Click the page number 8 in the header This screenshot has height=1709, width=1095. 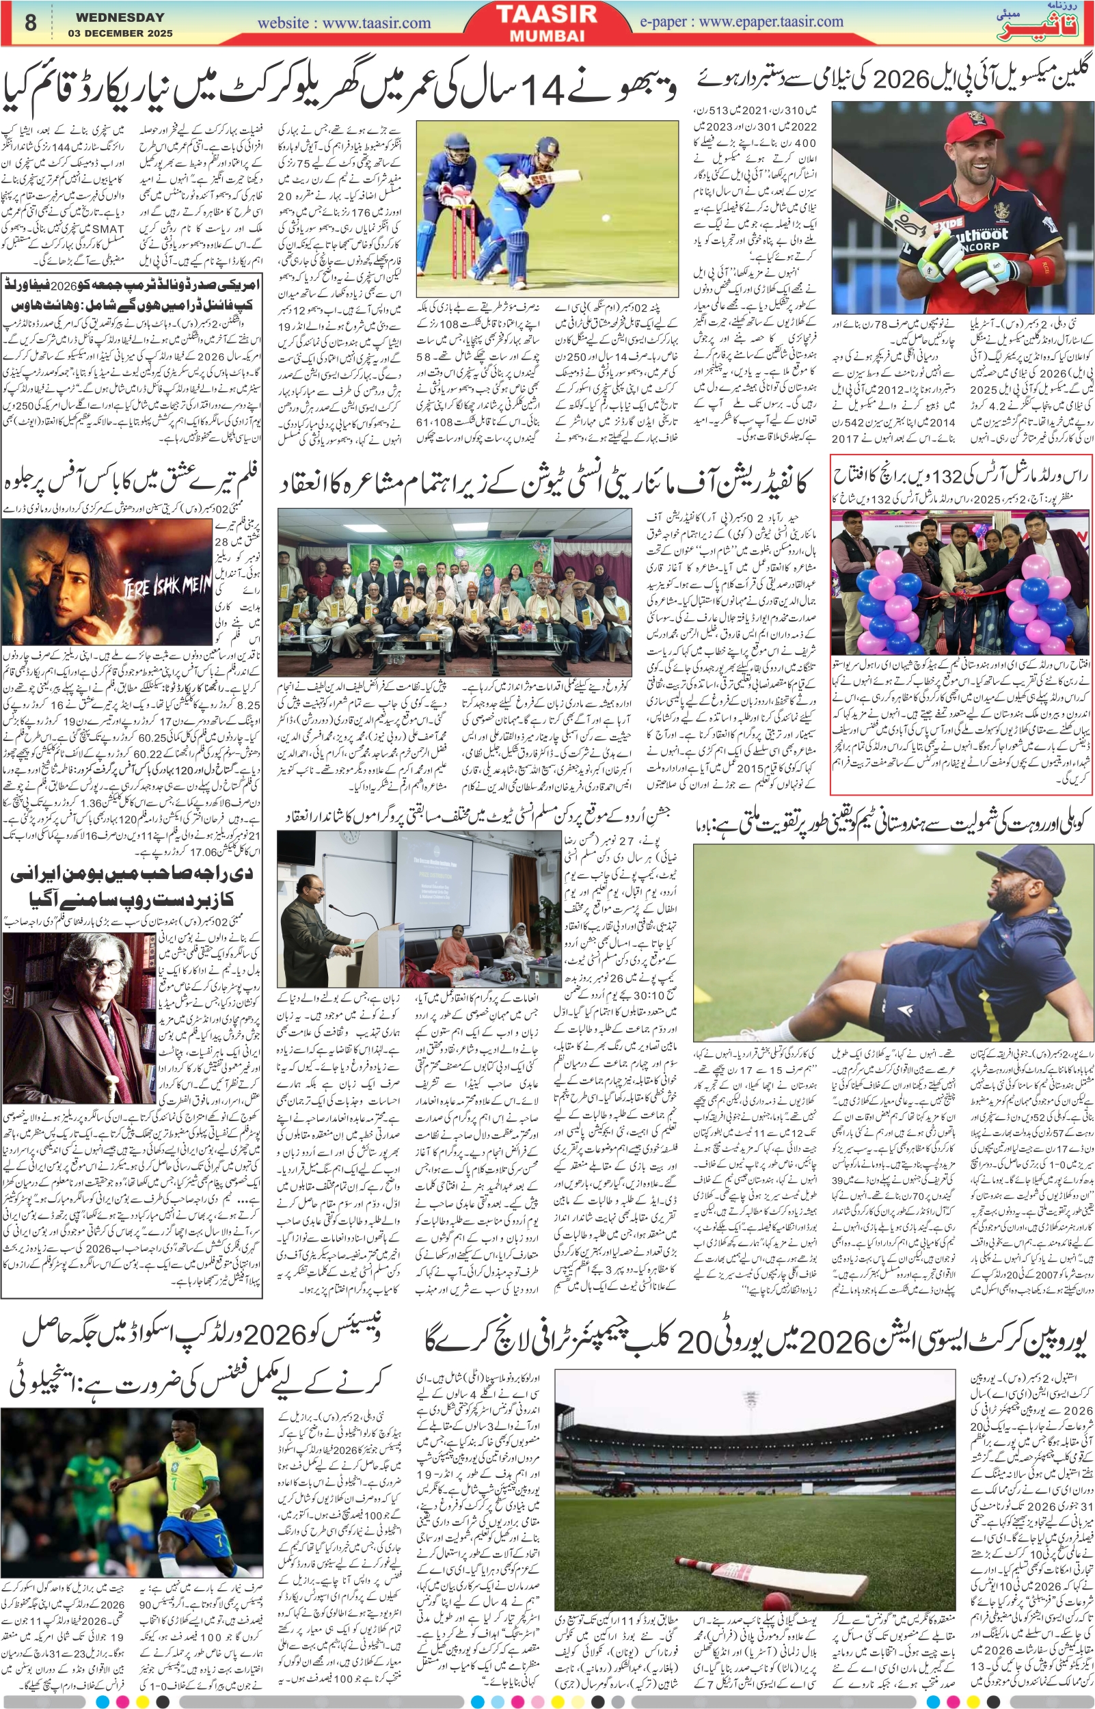(30, 22)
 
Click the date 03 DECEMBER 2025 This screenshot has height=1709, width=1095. (120, 33)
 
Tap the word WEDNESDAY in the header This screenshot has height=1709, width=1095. (120, 17)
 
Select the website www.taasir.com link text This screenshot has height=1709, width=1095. (344, 23)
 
